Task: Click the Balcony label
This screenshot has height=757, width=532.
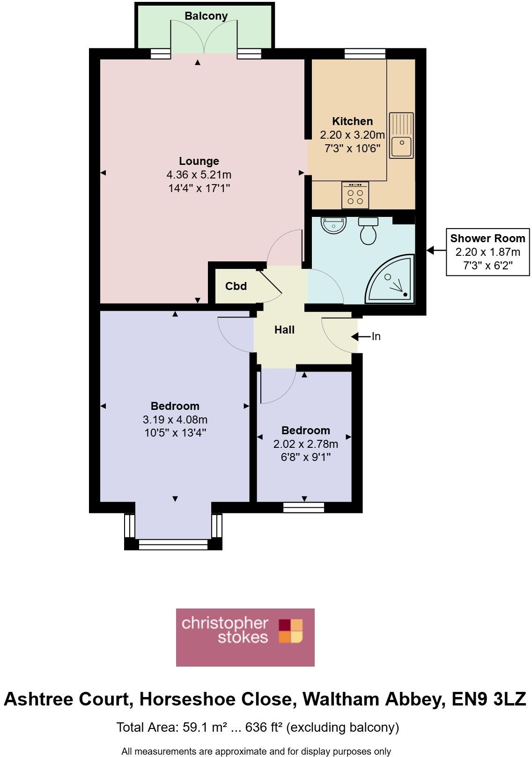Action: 206,16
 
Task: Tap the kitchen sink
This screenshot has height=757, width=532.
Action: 401,135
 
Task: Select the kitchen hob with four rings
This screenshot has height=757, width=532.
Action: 355,195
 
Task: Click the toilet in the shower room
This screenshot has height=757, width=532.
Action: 369,231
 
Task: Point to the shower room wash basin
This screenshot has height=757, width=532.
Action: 333,225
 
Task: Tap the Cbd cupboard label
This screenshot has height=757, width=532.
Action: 236,286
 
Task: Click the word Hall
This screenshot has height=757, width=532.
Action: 284,330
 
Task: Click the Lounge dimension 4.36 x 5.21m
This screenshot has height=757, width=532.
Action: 199,175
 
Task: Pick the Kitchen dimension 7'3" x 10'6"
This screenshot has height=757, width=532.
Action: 352,148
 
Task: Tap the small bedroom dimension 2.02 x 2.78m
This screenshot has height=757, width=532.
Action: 305,444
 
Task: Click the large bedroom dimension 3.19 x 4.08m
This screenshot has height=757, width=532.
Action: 175,419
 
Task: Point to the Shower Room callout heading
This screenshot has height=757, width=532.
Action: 488,238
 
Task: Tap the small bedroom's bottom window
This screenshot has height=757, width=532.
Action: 304,506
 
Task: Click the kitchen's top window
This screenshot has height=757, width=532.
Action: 365,53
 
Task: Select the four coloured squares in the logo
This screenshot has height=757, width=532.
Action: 291,631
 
